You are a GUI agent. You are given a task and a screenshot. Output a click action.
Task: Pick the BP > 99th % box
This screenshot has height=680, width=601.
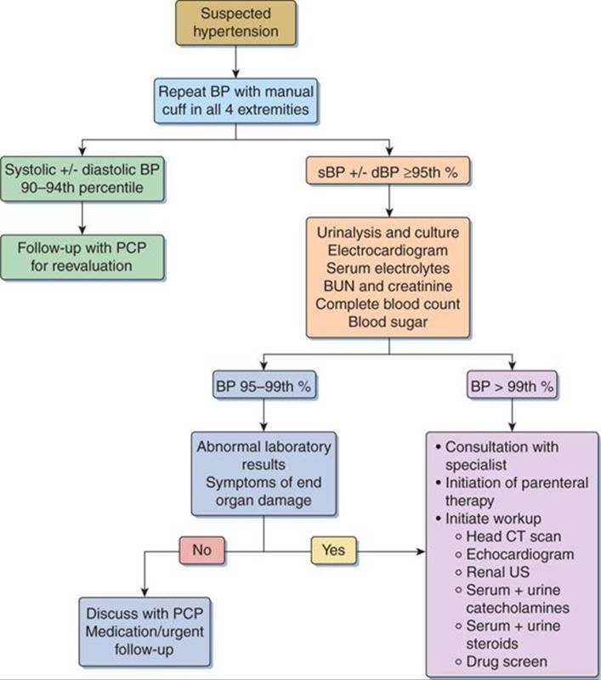[x=511, y=385]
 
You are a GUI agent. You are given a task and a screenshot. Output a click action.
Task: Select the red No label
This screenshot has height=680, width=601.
[x=201, y=550]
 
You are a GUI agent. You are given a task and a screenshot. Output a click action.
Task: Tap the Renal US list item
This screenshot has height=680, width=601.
[x=502, y=573]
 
